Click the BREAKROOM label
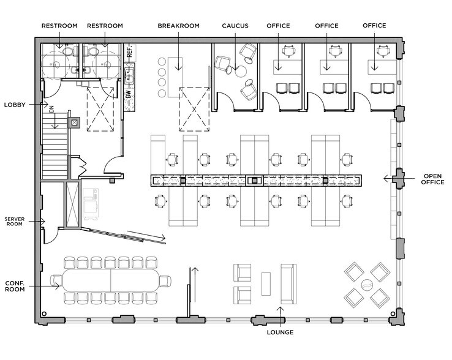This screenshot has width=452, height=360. tap(178, 26)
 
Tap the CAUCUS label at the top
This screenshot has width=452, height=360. tap(235, 26)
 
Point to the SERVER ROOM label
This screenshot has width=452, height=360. tap(15, 221)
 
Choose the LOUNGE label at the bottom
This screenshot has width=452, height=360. tap(280, 332)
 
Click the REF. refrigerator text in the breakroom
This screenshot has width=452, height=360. tap(129, 52)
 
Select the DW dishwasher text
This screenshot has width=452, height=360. tap(128, 95)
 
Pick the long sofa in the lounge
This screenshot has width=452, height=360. tap(288, 283)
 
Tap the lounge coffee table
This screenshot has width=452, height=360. tap(266, 283)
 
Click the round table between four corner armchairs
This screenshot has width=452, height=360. tap(367, 285)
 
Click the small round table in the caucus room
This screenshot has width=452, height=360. tap(241, 71)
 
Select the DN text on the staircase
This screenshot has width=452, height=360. tap(52, 113)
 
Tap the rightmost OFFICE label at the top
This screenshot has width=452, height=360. tap(374, 26)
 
